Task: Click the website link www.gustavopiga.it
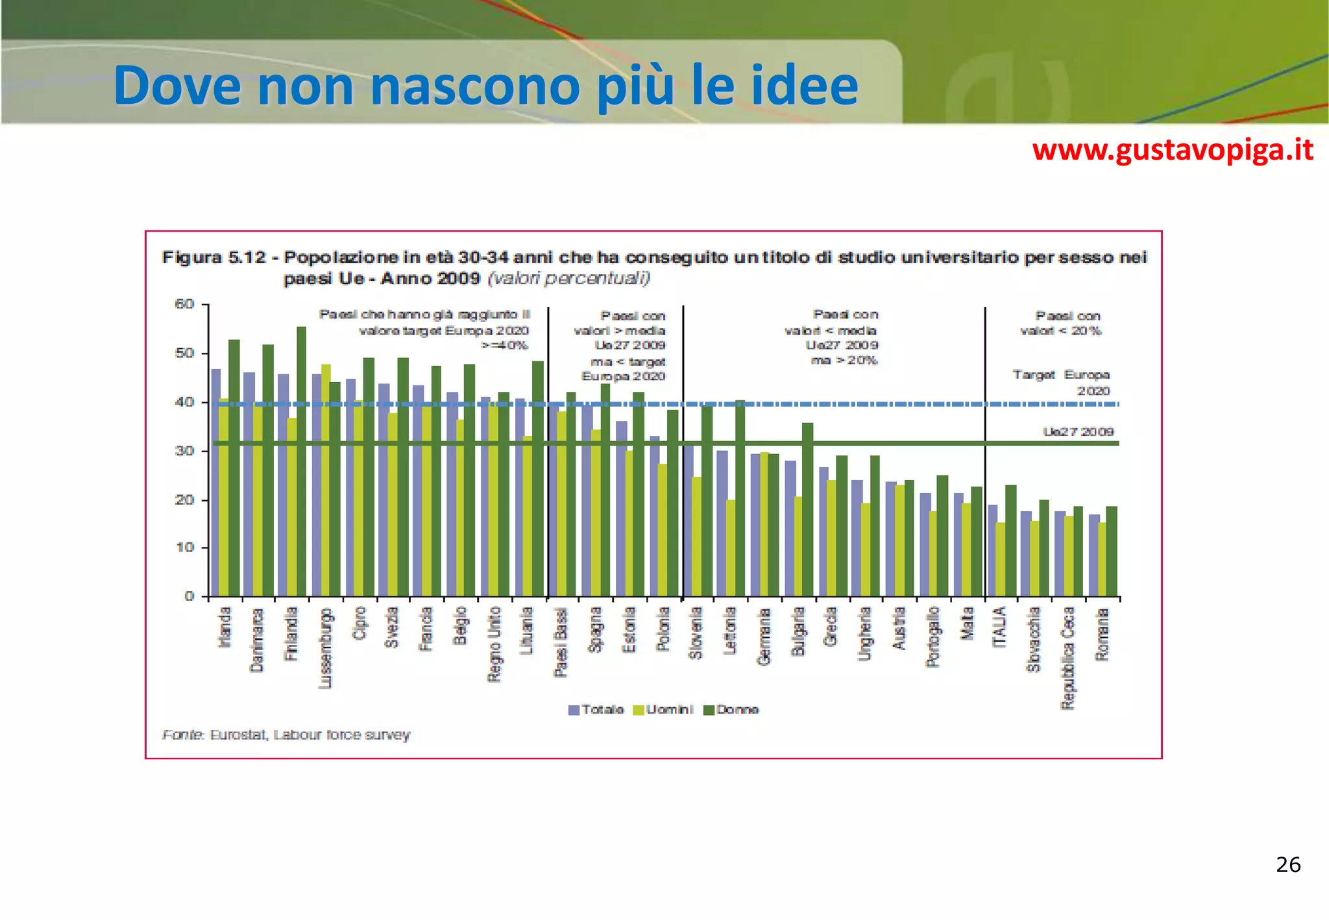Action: pyautogui.click(x=1172, y=151)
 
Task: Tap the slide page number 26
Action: pyautogui.click(x=1288, y=865)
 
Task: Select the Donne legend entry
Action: pyautogui.click(x=731, y=710)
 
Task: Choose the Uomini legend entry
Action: pyautogui.click(x=663, y=710)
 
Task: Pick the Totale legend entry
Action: pyautogui.click(x=596, y=710)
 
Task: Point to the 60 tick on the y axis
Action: pyautogui.click(x=185, y=304)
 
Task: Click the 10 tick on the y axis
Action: pyautogui.click(x=185, y=548)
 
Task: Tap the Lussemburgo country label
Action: pyautogui.click(x=326, y=648)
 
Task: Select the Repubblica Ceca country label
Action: pyautogui.click(x=1067, y=658)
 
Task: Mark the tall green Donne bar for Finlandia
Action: pyautogui.click(x=302, y=461)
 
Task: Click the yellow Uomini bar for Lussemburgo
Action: pyautogui.click(x=326, y=480)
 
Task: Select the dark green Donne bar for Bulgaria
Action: pyautogui.click(x=807, y=509)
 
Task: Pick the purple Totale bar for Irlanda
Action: pyautogui.click(x=216, y=483)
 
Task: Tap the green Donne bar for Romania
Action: pyautogui.click(x=1112, y=551)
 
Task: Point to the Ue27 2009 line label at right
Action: pyautogui.click(x=1078, y=432)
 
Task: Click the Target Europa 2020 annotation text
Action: pyautogui.click(x=1062, y=382)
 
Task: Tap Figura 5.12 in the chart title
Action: pyautogui.click(x=214, y=258)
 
